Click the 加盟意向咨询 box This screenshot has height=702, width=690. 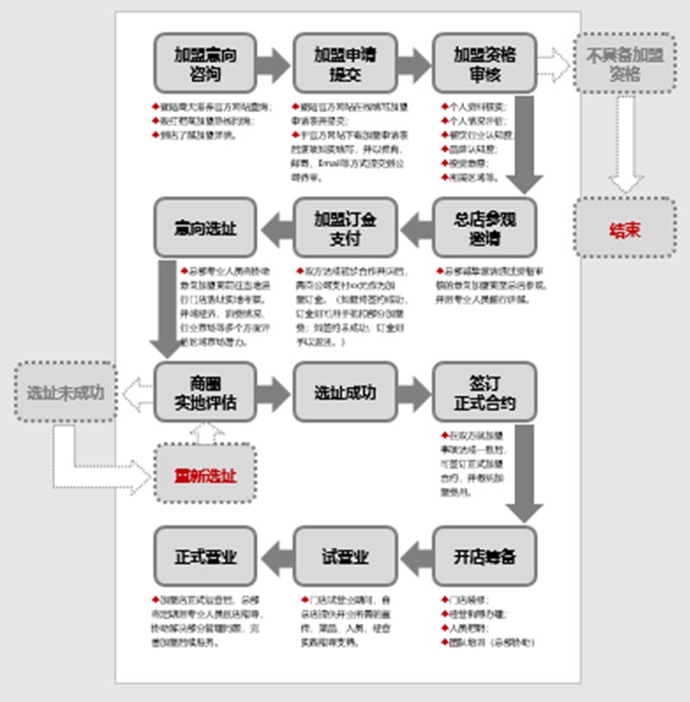click(x=205, y=64)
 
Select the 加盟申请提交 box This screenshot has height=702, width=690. click(x=345, y=64)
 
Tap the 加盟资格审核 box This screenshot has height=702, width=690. click(x=485, y=64)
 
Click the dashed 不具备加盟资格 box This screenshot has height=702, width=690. click(x=625, y=63)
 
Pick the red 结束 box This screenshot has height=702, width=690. click(x=625, y=228)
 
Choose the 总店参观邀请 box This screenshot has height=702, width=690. click(x=485, y=228)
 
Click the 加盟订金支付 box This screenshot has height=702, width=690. click(x=345, y=228)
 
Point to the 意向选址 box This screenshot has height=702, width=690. click(x=205, y=228)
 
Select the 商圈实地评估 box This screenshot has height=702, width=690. click(x=205, y=392)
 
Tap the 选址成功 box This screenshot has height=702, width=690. click(x=345, y=392)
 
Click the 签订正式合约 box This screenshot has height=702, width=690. click(x=485, y=392)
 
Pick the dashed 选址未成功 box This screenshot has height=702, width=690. click(x=66, y=392)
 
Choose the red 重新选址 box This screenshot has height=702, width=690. click(x=205, y=474)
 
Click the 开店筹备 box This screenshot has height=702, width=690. click(x=485, y=556)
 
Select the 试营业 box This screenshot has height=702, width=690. click(x=345, y=556)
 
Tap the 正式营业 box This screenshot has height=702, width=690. click(x=205, y=556)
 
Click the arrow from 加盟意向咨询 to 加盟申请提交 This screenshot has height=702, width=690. click(x=274, y=64)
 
